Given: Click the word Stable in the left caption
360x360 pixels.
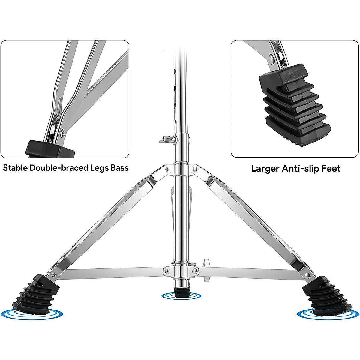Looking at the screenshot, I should [15, 168].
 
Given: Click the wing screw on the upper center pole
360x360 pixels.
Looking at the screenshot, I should [167, 139].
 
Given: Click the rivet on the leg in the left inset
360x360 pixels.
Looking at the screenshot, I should [63, 131].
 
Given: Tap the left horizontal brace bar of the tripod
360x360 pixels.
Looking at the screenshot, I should [114, 271].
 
